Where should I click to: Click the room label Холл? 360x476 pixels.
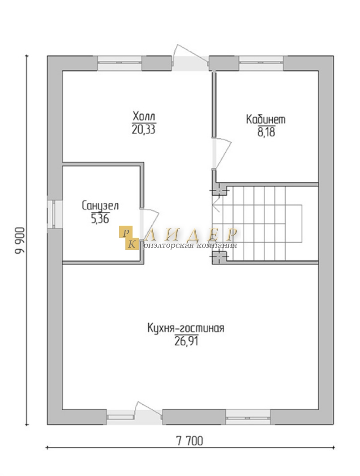coord(144,116)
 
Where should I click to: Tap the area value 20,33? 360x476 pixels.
coord(144,129)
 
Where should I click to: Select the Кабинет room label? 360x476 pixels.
coord(266,119)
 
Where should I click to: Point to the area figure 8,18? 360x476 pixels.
coord(266,133)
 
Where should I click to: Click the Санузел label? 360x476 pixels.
coord(100,206)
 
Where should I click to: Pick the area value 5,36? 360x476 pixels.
coord(100,219)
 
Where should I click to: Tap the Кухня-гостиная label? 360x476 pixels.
coord(186,328)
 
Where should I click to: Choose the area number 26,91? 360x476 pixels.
coord(186,341)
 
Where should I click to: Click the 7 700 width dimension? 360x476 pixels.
coord(190,441)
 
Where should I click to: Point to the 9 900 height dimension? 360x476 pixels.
coord(20,240)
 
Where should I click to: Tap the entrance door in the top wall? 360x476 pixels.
coord(190,58)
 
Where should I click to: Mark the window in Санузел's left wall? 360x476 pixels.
coord(55,214)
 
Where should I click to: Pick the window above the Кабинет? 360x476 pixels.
coord(261,63)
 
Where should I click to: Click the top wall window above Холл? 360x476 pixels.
coord(120,63)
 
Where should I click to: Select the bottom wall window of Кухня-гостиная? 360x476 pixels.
coord(248,417)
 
